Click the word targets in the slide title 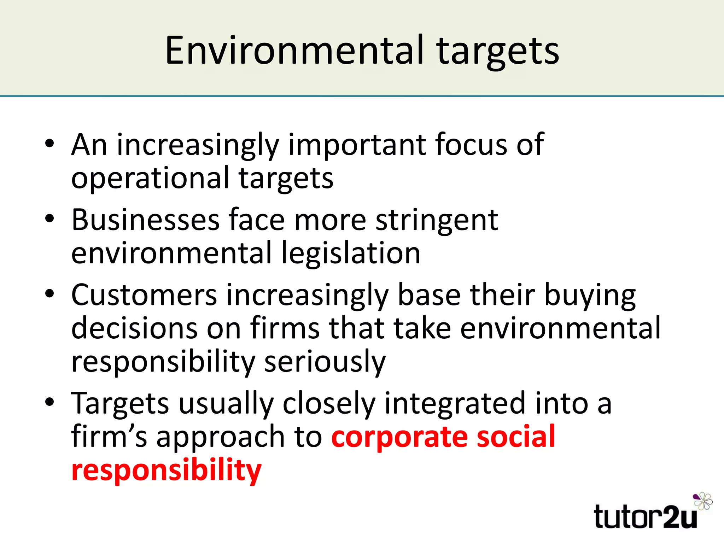pyautogui.click(x=498, y=52)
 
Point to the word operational pyautogui.click(x=150, y=179)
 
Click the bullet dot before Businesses pyautogui.click(x=49, y=218)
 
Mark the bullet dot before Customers pyautogui.click(x=49, y=294)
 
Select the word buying pyautogui.click(x=590, y=296)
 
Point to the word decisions pyautogui.click(x=134, y=328)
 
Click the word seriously pyautogui.click(x=325, y=362)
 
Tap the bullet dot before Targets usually pyautogui.click(x=49, y=402)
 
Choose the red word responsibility pyautogui.click(x=166, y=471)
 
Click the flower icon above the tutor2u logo pyautogui.click(x=703, y=501)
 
